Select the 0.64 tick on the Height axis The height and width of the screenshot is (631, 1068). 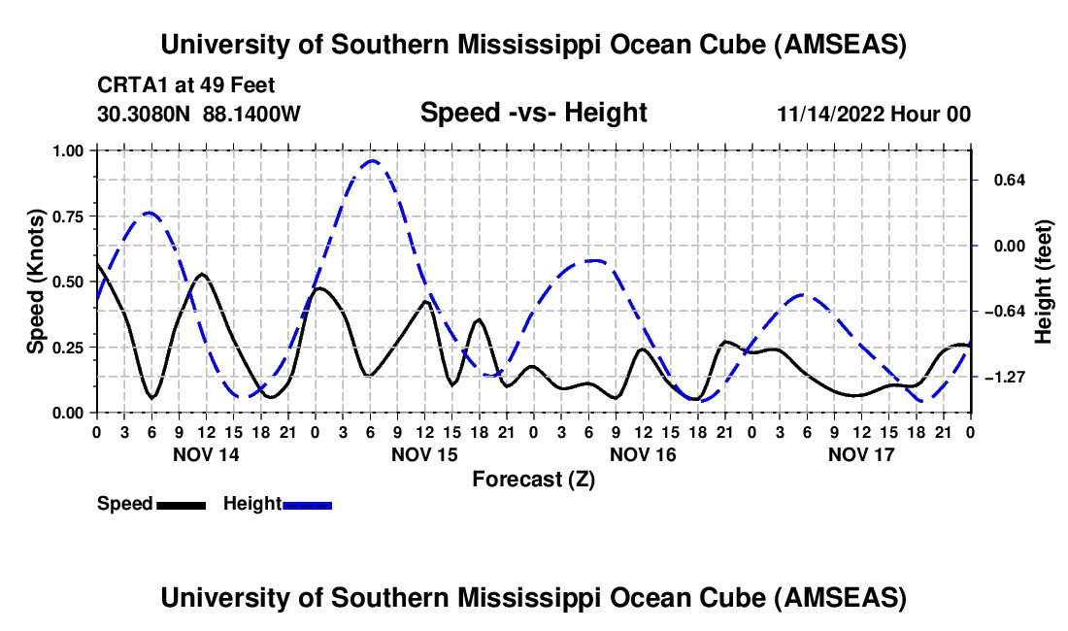tap(1005, 180)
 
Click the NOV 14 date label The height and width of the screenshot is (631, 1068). tap(205, 454)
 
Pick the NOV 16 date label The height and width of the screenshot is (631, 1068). tap(643, 454)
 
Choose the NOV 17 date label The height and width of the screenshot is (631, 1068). tap(861, 454)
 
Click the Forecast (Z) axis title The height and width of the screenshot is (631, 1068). tap(533, 479)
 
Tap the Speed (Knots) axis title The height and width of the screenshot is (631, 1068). tap(35, 282)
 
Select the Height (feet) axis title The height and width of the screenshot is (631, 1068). tap(1044, 282)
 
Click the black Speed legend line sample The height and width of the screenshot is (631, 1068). tap(181, 505)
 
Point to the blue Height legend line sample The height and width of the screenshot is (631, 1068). tap(308, 505)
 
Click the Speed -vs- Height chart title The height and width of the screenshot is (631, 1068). tap(533, 114)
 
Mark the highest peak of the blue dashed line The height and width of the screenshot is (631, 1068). tap(371, 161)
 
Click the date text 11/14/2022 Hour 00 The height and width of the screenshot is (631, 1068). tap(874, 115)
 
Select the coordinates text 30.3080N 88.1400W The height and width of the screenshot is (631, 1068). tap(199, 115)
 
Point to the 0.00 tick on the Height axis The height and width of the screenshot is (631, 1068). tap(1005, 246)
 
